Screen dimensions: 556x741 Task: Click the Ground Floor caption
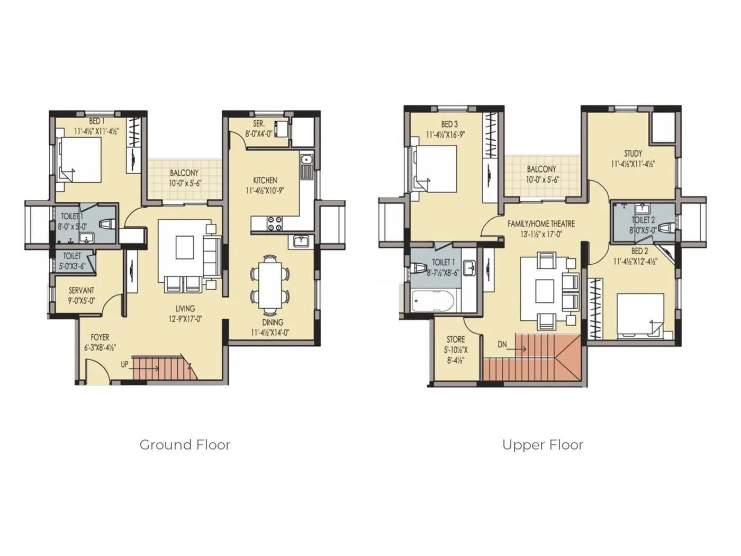[185, 445]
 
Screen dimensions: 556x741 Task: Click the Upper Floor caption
[543, 445]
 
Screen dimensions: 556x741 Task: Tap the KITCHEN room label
[265, 180]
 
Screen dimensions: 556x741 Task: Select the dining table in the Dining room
[270, 282]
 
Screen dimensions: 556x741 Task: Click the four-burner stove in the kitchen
[274, 223]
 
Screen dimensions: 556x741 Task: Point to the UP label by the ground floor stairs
[124, 364]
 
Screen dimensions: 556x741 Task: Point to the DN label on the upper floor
[502, 345]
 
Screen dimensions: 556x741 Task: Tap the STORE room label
[456, 339]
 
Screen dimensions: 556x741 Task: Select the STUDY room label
[632, 154]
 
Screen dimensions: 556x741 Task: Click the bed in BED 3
[436, 168]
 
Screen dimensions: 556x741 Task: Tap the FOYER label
[100, 337]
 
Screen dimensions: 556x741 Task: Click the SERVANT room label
[82, 291]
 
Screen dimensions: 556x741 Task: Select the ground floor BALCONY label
[184, 173]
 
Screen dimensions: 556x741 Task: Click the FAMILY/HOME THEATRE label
[541, 224]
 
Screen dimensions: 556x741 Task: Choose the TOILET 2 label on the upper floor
[643, 220]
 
